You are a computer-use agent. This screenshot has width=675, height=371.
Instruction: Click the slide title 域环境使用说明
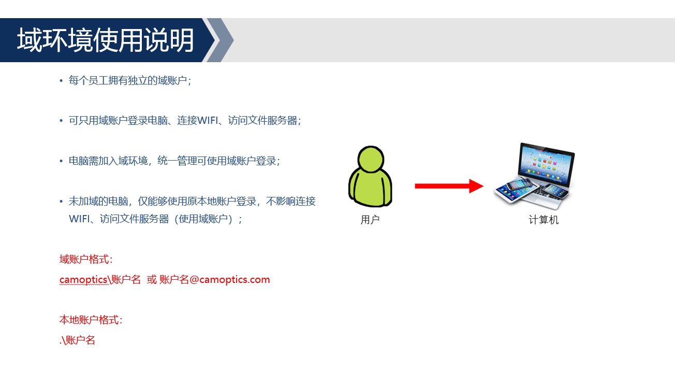[x=106, y=40]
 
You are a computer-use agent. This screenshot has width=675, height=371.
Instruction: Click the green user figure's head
[x=371, y=159]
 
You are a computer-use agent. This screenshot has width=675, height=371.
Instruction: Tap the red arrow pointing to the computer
[x=449, y=186]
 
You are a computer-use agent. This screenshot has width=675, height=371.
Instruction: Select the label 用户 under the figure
[x=370, y=220]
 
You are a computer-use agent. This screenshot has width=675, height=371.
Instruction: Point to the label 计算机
[x=544, y=220]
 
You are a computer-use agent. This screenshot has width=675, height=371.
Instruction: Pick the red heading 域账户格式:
[x=86, y=259]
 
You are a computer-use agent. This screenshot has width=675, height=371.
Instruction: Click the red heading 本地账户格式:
[x=91, y=320]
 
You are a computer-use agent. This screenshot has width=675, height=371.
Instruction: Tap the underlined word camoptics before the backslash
[x=83, y=280]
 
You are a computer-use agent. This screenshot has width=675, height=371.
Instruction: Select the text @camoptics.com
[x=230, y=280]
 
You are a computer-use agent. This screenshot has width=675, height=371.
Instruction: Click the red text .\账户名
[x=78, y=340]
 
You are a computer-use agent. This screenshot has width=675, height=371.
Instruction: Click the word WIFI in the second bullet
[x=208, y=120]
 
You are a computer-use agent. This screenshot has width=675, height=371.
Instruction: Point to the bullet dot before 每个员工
[x=61, y=80]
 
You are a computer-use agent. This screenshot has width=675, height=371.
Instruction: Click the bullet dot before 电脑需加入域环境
[x=61, y=161]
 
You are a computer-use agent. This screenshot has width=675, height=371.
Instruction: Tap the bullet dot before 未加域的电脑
[x=61, y=201]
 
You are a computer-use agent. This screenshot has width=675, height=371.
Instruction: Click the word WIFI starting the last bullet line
[x=79, y=219]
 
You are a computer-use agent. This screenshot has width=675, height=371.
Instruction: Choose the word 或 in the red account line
[x=152, y=280]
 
